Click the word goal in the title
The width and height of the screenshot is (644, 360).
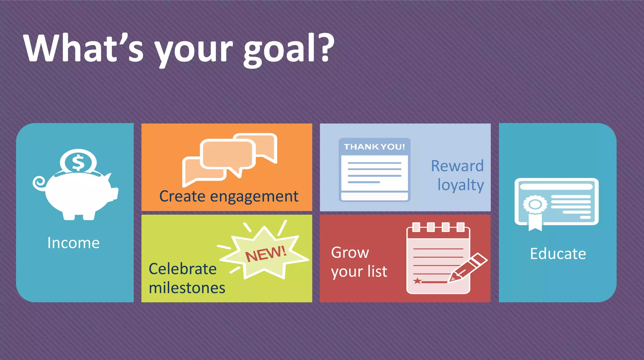pos(279,50)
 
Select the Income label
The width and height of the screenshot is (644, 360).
pos(74,243)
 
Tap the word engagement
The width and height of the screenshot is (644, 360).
pos(254,197)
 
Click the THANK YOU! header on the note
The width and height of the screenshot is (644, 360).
pos(374,147)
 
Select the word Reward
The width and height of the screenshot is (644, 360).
pos(457,166)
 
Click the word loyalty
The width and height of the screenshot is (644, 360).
pos(460,185)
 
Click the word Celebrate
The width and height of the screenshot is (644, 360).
pos(182,269)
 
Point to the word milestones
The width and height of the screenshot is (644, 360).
pos(187,288)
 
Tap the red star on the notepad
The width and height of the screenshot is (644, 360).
pos(417,281)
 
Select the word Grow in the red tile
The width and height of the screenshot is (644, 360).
pos(350,252)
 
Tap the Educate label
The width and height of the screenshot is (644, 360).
pos(558,254)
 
